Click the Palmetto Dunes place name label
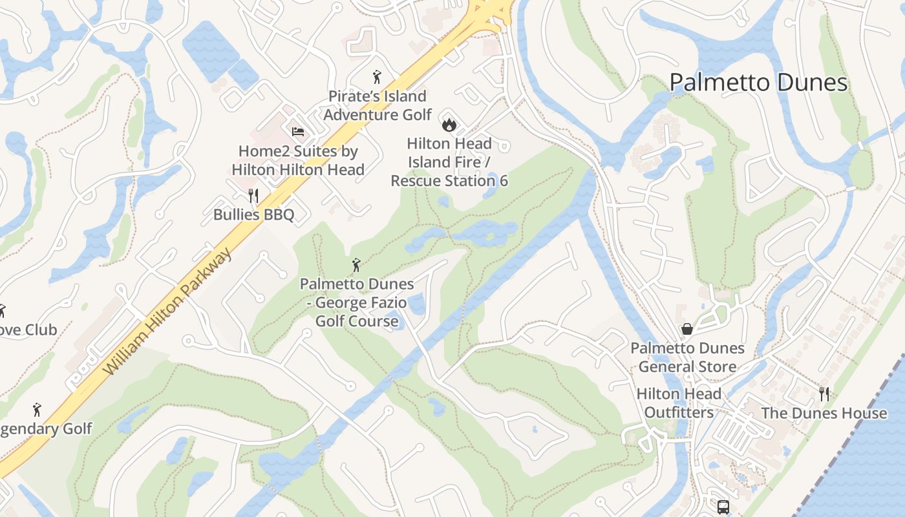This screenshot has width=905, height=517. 758,83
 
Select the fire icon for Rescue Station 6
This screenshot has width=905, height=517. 449,124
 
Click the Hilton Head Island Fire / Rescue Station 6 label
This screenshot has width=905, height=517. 449,162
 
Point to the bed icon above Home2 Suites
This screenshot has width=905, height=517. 297,131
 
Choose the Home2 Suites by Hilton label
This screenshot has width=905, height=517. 298,160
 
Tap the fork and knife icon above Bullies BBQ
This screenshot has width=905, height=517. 253,196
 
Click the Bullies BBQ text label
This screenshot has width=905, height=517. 253,215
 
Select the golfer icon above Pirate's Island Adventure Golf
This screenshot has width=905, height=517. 377,78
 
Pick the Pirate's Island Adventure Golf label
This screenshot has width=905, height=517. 378,105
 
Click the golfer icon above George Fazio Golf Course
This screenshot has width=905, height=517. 356,265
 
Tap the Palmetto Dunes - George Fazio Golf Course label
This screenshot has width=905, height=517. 357,302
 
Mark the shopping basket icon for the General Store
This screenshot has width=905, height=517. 687,329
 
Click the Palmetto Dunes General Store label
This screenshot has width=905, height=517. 687,357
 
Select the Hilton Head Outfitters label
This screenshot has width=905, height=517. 679,403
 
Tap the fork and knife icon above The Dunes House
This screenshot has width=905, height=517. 824,394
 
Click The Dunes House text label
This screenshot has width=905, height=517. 824,413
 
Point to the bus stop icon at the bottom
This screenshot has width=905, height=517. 723,507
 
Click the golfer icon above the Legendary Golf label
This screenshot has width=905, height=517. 37,410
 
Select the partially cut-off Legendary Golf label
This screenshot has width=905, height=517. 45,428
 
